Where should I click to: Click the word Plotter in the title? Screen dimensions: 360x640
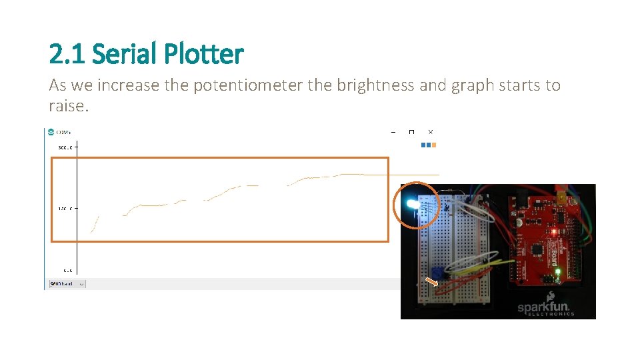[206, 54]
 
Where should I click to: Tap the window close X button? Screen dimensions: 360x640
[431, 132]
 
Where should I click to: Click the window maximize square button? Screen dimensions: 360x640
[411, 132]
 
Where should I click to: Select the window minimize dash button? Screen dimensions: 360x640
[393, 132]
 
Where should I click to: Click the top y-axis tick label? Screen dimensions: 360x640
[65, 147]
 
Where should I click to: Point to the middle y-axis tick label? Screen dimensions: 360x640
[65, 209]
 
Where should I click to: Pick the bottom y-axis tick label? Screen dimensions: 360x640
[67, 270]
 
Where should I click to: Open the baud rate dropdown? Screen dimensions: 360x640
[67, 284]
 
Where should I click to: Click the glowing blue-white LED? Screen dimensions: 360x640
[411, 204]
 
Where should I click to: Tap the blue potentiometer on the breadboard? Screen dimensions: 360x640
[438, 271]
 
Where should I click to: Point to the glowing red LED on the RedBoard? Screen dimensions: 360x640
[553, 231]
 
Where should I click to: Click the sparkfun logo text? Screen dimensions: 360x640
[546, 308]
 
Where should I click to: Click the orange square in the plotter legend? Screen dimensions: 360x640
[434, 145]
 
